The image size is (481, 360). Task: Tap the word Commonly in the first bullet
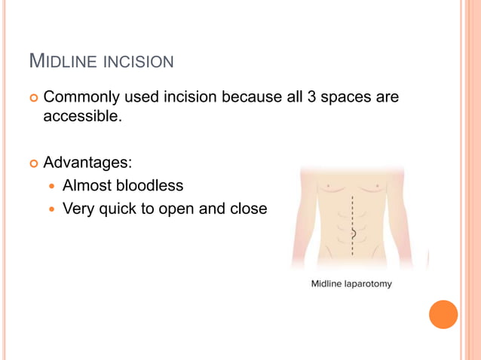click(79, 97)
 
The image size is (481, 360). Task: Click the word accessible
click(81, 116)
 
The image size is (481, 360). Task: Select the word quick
click(115, 208)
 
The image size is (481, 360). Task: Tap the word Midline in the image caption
click(326, 284)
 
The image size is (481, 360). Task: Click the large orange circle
click(443, 314)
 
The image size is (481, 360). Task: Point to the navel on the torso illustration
click(352, 233)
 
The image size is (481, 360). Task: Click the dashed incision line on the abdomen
click(352, 215)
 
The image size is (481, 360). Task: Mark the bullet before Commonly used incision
click(33, 98)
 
